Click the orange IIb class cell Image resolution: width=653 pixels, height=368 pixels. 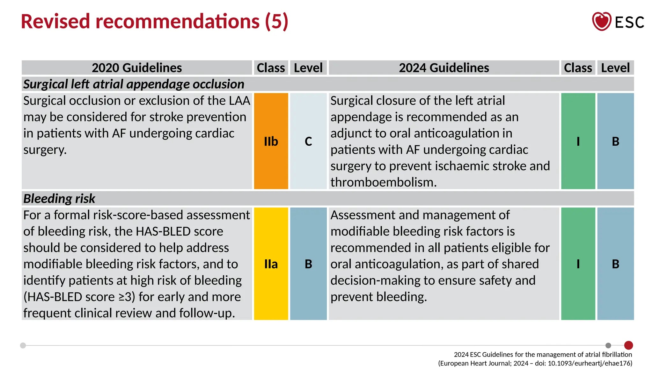click(271, 141)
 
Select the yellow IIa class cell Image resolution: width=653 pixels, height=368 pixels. click(271, 264)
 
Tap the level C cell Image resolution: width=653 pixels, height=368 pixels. click(308, 141)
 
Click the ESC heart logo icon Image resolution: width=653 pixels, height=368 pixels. click(601, 21)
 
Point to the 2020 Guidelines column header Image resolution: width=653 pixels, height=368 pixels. click(137, 68)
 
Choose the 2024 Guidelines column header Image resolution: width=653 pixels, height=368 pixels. click(444, 68)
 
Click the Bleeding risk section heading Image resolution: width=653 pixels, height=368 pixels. click(59, 199)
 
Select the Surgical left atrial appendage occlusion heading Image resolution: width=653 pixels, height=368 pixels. click(134, 84)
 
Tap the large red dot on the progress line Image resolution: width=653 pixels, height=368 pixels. click(628, 345)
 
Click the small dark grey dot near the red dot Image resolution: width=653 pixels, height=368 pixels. click(608, 345)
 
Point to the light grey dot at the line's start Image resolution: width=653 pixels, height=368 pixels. click(23, 345)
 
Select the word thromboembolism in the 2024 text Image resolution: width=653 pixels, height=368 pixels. click(383, 182)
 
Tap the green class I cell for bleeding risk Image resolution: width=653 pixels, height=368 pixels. click(578, 264)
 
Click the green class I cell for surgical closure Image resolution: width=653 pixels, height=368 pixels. click(578, 141)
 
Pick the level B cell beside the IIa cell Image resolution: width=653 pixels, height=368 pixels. click(308, 264)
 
